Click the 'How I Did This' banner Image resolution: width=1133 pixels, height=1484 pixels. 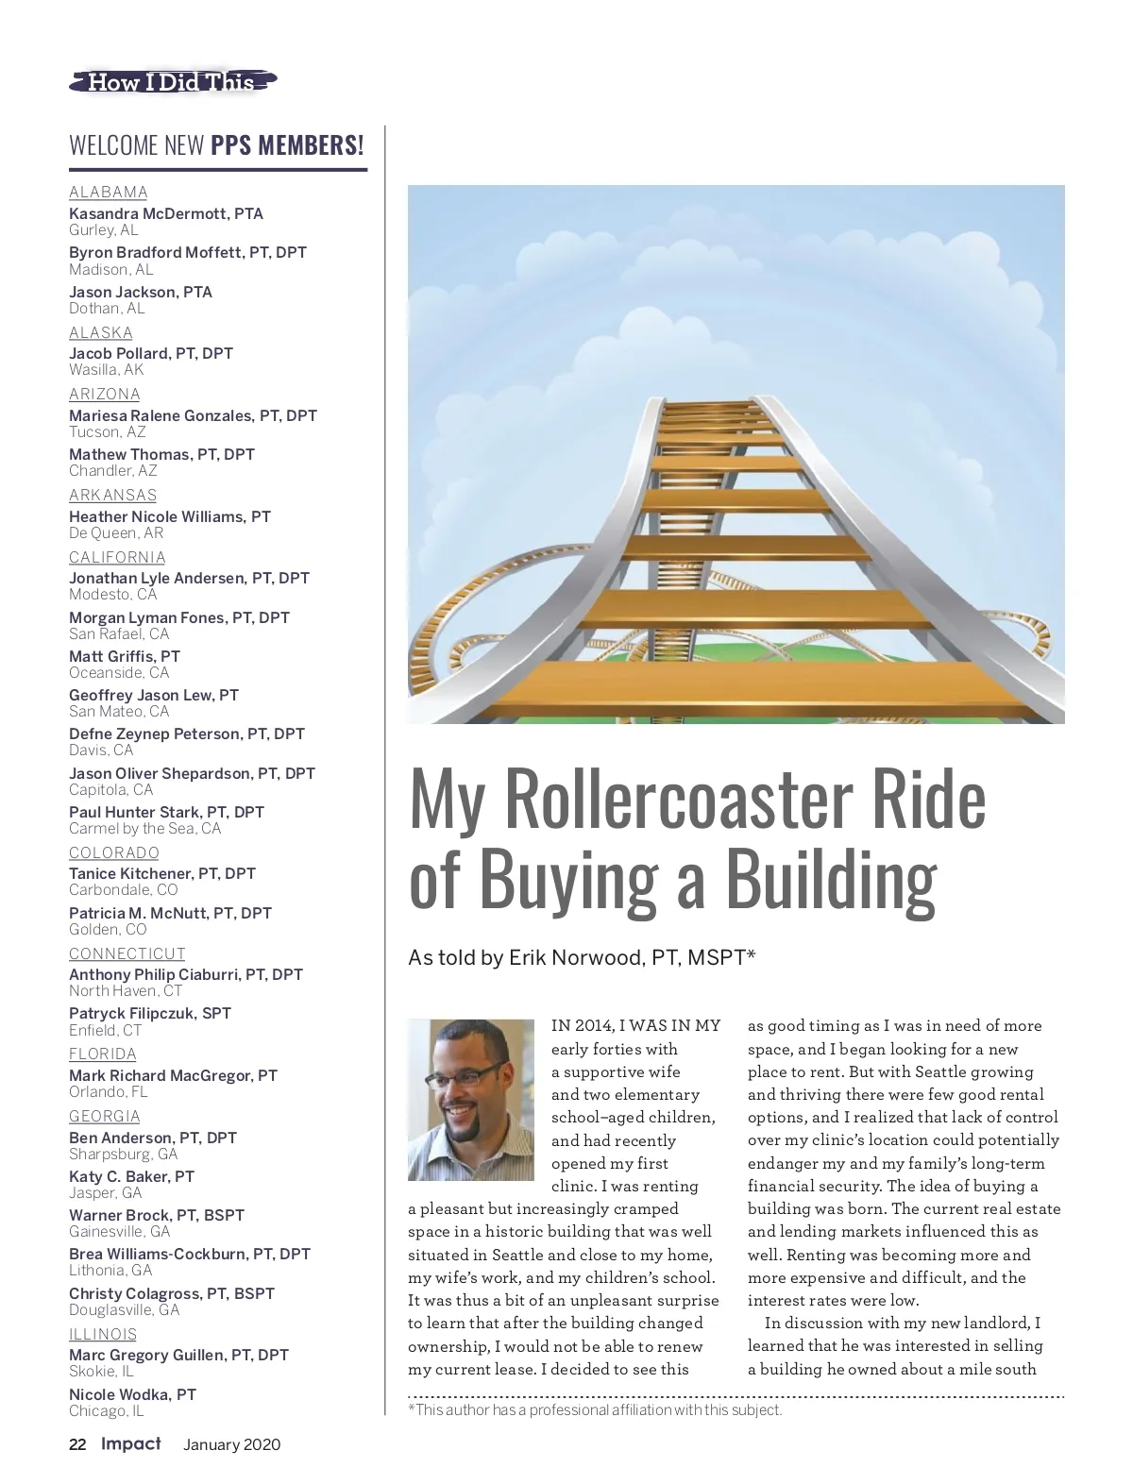[x=173, y=82]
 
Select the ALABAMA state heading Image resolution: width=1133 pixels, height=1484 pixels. [x=109, y=193]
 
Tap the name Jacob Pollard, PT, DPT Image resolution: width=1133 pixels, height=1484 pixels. [x=151, y=353]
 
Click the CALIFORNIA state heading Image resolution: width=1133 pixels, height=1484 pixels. [x=117, y=557]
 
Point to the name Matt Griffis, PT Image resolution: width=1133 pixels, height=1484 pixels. [x=125, y=656]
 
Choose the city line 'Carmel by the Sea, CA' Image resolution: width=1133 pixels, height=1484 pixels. [x=144, y=829]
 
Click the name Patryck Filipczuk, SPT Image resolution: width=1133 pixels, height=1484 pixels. [x=150, y=1013]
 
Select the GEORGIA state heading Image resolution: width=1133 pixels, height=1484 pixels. [x=104, y=1116]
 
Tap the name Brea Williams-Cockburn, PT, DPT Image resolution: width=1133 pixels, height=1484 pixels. [x=190, y=1254]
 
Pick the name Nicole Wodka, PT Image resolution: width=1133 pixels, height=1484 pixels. [x=132, y=1394]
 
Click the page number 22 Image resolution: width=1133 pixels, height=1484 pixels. [x=77, y=1444]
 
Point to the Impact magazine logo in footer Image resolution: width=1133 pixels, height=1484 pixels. [x=131, y=1443]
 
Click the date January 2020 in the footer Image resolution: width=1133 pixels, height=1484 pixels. [x=231, y=1444]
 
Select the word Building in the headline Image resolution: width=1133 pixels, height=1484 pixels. [x=831, y=878]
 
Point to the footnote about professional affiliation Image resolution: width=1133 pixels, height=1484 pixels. [x=595, y=1410]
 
